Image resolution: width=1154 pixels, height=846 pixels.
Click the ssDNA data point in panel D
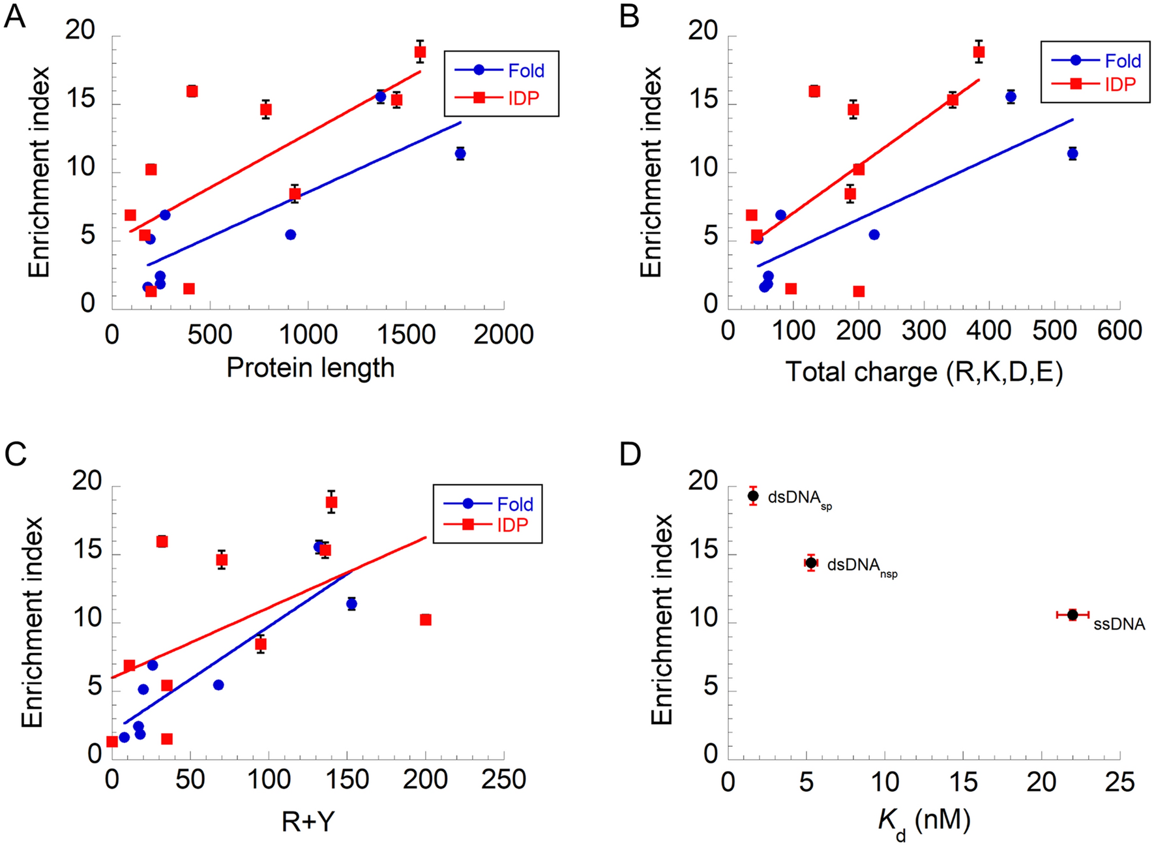1073,614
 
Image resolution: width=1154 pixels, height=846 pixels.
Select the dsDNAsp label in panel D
799,499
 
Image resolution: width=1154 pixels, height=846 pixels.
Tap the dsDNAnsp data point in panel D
811,562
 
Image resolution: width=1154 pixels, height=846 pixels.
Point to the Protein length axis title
310,368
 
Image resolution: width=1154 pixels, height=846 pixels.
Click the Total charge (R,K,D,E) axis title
925,372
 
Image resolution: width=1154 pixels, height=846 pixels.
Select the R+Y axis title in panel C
308,822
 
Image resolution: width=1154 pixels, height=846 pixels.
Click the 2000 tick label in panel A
503,335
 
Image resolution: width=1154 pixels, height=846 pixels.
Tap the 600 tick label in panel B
1119,331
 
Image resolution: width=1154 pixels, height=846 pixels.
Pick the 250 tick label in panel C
503,779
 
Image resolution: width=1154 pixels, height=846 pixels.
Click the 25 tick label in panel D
1119,782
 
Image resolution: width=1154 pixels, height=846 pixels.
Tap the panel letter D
630,454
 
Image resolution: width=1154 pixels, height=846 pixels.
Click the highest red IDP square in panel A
420,52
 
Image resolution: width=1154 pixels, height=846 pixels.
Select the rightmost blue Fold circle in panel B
1073,154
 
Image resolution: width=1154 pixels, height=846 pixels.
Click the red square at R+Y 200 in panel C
426,620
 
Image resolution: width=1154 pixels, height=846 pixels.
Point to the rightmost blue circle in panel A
460,154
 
